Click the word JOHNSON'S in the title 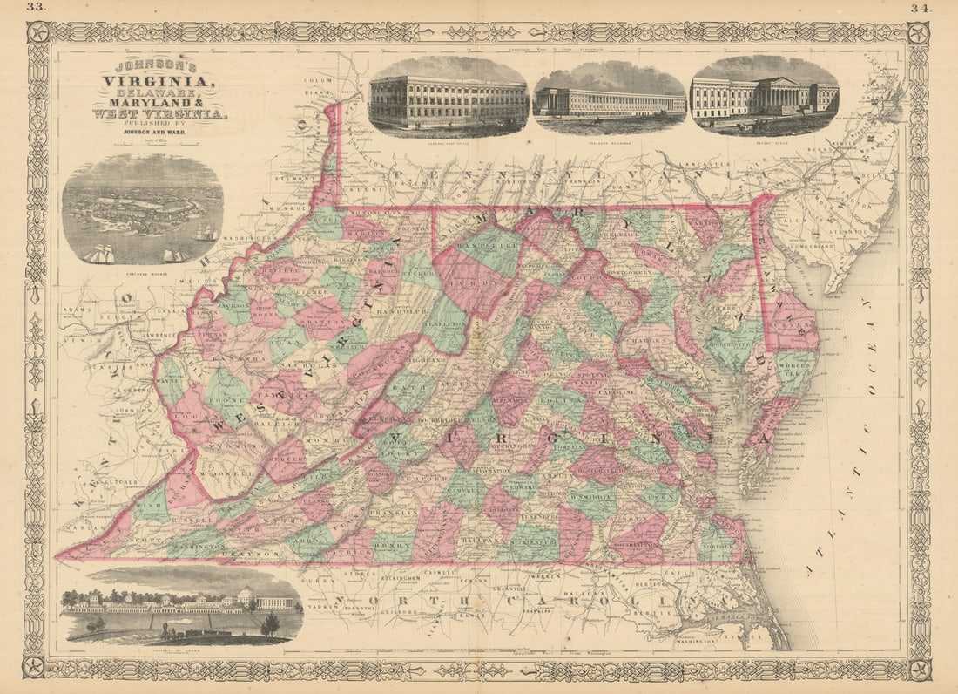click(x=158, y=66)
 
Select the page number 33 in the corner click(x=36, y=8)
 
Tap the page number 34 click(x=921, y=8)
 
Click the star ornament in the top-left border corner click(x=37, y=33)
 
